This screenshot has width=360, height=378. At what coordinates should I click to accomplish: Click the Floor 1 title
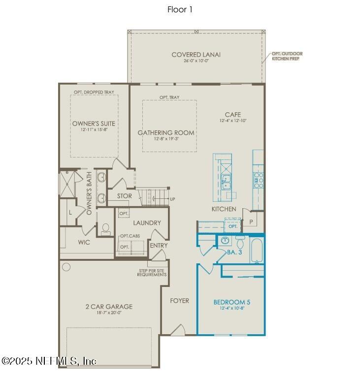point(180,10)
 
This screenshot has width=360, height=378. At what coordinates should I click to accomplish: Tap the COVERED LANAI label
point(196,55)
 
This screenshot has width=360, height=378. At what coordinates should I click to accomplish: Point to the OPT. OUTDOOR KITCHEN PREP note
point(288,56)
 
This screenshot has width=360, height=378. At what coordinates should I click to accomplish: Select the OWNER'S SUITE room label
point(94,123)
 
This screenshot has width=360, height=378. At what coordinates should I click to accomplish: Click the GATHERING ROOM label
point(166,133)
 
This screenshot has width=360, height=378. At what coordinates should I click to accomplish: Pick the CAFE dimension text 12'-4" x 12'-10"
point(233,121)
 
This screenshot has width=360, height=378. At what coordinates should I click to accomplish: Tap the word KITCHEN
point(224,209)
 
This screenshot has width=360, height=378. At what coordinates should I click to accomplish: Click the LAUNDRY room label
point(147,223)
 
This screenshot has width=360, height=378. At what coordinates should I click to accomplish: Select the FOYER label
point(180,301)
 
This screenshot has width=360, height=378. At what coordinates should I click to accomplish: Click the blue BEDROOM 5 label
point(231,302)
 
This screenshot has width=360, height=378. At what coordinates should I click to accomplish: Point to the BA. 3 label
point(234,252)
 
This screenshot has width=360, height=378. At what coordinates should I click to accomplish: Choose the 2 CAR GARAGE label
point(109,307)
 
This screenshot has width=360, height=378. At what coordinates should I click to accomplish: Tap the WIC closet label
point(84,242)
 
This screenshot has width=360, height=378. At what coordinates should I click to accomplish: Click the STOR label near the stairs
point(125,196)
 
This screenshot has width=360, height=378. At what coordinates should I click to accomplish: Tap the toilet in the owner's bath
point(105,229)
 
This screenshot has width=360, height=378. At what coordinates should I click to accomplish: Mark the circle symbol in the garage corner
point(66,267)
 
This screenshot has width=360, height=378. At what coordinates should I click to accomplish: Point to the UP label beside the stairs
point(172,199)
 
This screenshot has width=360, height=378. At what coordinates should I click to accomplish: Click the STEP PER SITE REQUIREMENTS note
point(152,273)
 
